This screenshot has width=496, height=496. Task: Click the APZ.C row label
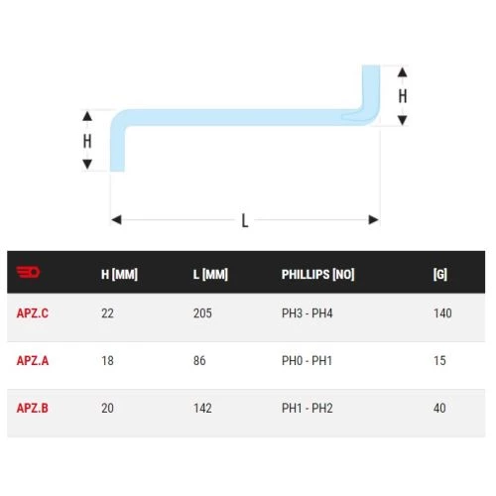[33, 313]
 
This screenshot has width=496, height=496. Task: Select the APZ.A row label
[33, 360]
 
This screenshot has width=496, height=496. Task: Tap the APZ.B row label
[33, 408]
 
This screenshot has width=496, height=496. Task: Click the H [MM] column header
[119, 274]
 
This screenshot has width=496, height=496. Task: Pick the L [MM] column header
[210, 274]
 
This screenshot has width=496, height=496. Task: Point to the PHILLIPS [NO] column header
[317, 274]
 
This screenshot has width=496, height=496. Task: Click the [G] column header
[440, 274]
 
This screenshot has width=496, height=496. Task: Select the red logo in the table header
[28, 272]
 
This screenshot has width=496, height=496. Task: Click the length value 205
[202, 313]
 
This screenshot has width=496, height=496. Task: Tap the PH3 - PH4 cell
[307, 313]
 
